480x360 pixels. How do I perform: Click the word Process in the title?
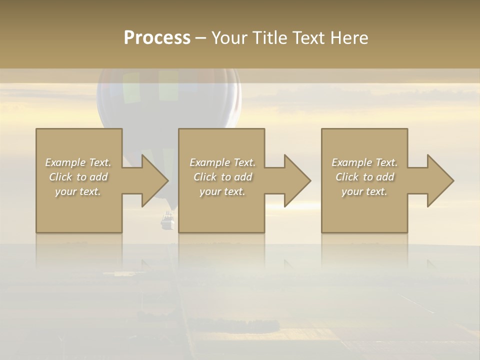pos(157,38)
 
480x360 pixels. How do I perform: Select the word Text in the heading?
pos(308,38)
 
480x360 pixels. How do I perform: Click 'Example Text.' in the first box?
pos(78,162)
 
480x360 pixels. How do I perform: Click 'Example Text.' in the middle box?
pos(222,162)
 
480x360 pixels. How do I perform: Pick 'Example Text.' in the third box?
pos(364,162)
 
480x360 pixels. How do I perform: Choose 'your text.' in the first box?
pos(78,191)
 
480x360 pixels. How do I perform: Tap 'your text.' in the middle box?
pos(222,191)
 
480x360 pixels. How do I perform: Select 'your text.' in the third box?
pos(364,191)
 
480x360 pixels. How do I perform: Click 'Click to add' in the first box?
pos(78,177)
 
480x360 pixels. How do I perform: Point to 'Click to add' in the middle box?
pos(222,177)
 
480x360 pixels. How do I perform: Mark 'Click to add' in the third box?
pos(364,177)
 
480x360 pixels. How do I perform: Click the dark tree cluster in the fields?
pos(250,326)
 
